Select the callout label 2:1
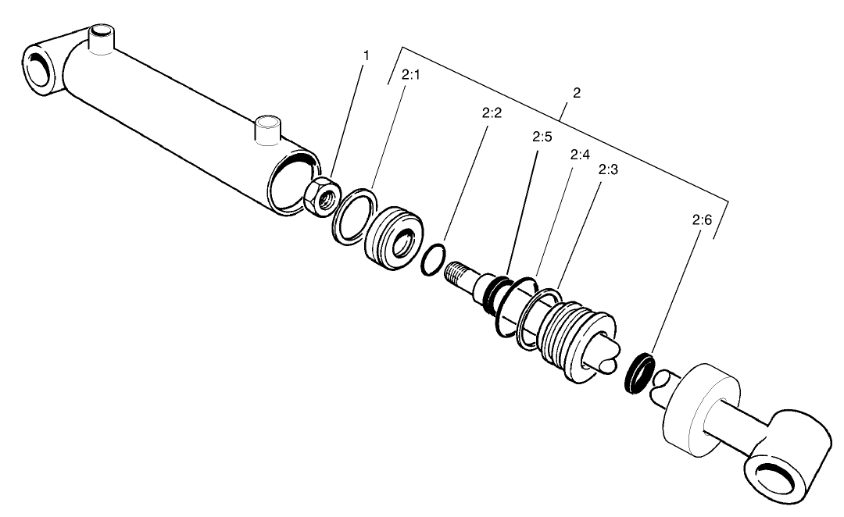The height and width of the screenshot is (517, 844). tap(410, 76)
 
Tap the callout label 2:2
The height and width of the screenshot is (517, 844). tap(492, 112)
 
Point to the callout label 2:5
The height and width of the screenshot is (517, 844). tap(542, 137)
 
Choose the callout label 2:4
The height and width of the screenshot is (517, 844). tap(579, 155)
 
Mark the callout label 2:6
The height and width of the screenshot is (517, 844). tap(702, 221)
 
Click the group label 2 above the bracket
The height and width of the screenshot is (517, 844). tap(577, 93)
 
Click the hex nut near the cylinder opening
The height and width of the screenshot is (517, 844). tap(320, 197)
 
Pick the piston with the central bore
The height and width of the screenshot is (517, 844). tap(395, 238)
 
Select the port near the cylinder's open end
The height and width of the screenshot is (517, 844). tap(267, 130)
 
